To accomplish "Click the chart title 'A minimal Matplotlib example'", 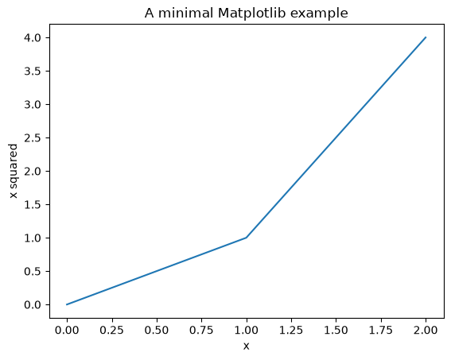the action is coord(247,14).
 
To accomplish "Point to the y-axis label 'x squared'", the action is coord(14,171).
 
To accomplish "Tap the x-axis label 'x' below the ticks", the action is coord(247,346).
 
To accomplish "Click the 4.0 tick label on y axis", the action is coord(33,38).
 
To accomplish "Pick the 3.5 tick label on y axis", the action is coord(33,72).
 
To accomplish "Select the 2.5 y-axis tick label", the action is coord(33,138).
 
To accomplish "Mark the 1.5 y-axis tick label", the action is coord(33,204).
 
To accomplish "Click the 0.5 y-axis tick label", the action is coord(33,271).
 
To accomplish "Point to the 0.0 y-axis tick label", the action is coord(33,304).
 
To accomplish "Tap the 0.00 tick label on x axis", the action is coord(67,330).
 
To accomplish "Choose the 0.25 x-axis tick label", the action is coord(111,330).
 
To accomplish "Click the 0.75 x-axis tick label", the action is coord(201,330).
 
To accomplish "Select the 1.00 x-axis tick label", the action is coord(247,330).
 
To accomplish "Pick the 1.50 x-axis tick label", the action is coord(336,330).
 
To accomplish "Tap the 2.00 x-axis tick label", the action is coord(426,330).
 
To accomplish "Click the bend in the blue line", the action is coord(247,238).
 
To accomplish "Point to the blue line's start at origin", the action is coord(67,304).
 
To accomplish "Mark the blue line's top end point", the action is coord(426,37).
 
